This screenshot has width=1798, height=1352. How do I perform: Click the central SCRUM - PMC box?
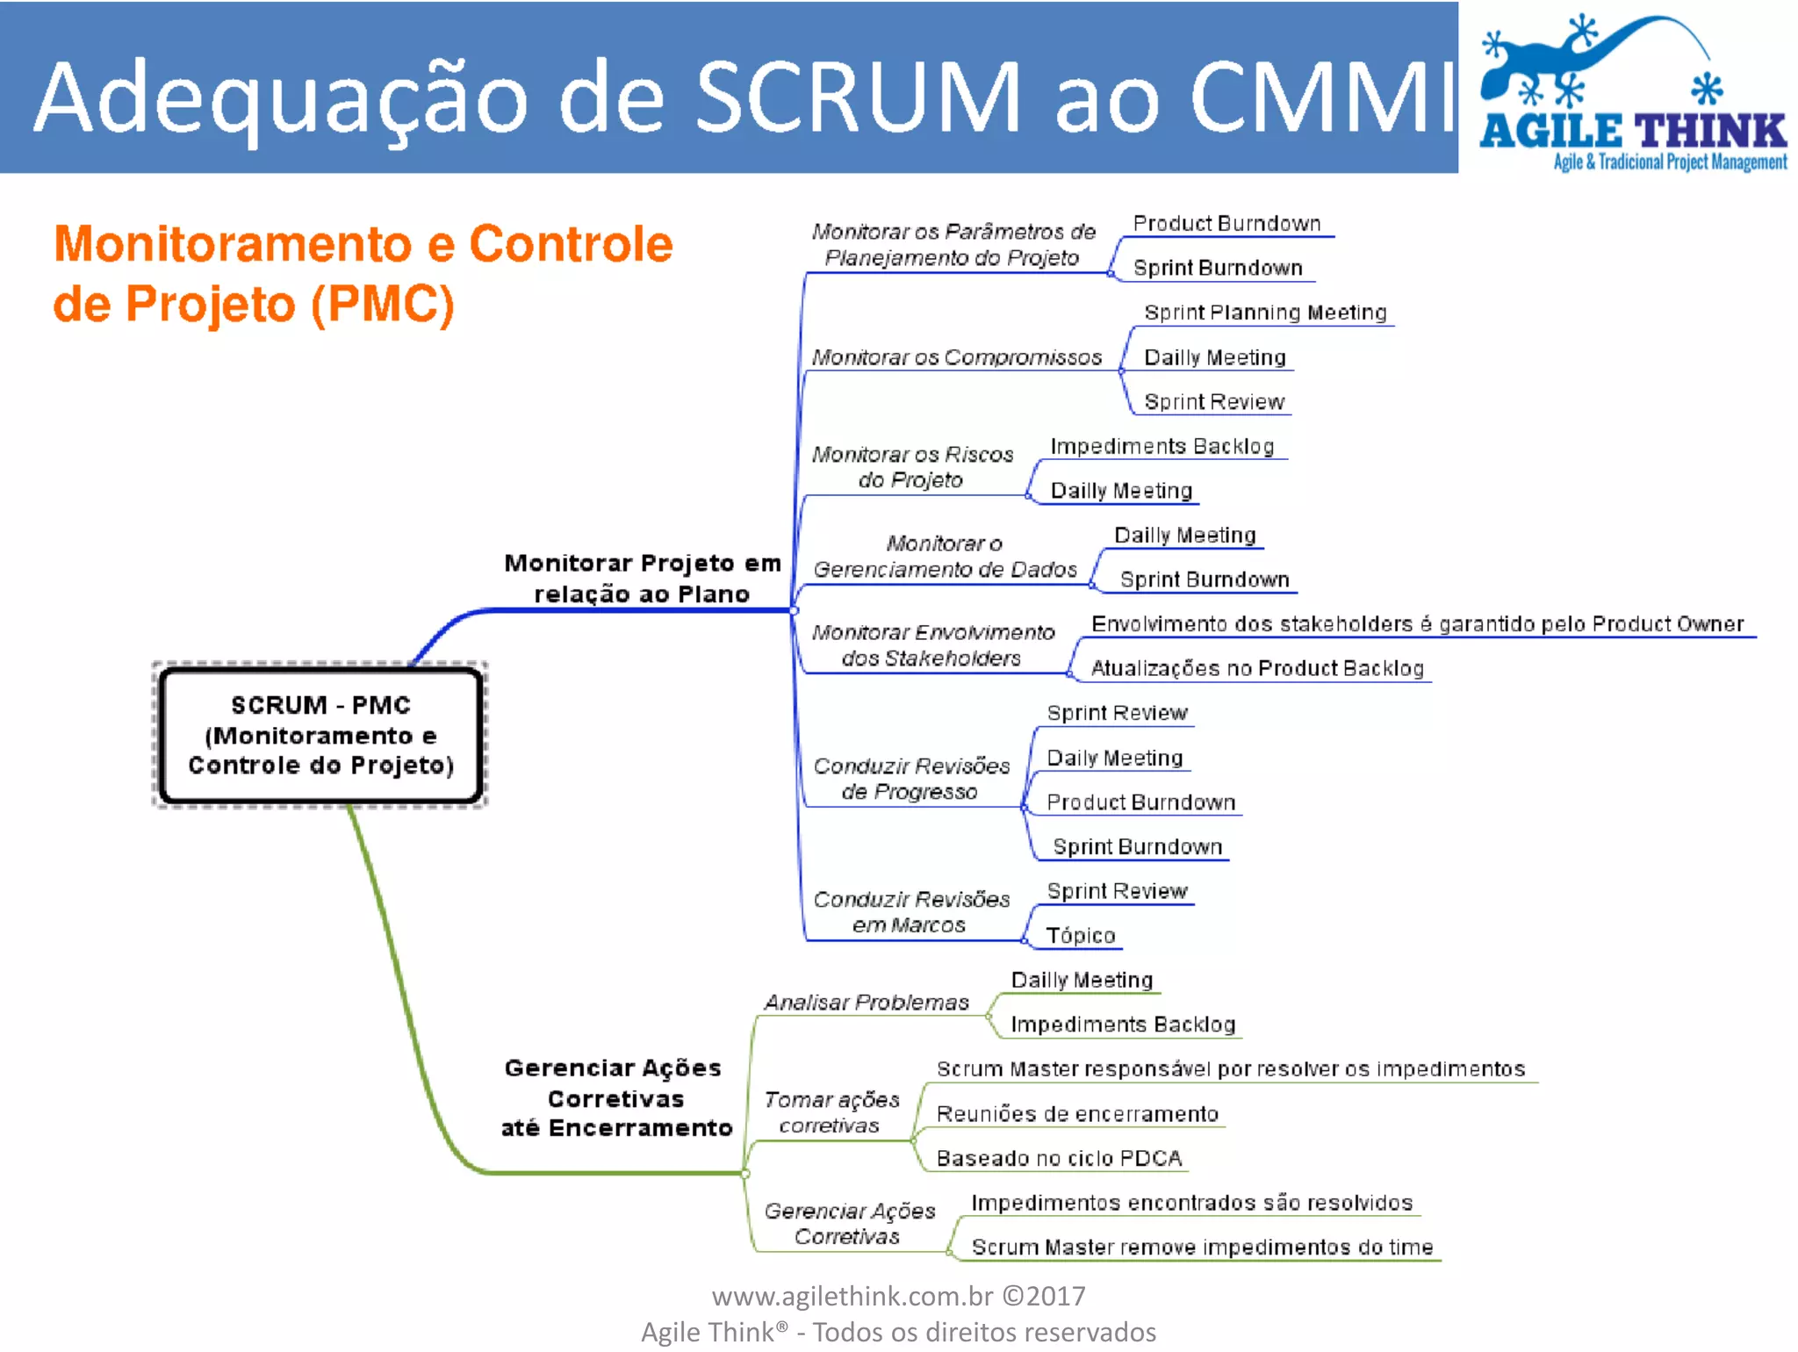point(320,735)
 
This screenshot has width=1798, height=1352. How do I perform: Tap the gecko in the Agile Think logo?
point(1580,61)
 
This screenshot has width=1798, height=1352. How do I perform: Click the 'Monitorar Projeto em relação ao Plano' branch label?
point(642,578)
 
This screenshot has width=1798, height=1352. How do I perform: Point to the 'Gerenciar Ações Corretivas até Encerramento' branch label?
point(615,1097)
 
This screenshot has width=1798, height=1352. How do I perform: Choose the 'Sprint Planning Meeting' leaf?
point(1265,313)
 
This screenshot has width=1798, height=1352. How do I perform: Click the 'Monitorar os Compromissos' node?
point(956,357)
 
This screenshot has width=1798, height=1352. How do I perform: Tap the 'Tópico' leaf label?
point(1081,936)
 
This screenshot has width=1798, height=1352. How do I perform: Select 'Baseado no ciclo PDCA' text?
point(1059,1158)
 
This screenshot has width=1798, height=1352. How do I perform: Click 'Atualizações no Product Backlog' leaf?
point(1256,668)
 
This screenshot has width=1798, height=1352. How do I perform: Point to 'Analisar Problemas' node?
point(867,1003)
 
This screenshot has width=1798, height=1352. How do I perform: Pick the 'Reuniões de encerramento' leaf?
point(1077,1114)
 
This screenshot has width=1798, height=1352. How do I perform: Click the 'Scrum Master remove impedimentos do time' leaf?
point(1202,1247)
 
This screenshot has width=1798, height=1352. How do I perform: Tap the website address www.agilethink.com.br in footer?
point(852,1296)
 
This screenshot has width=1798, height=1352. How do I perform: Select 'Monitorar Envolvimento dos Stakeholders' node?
point(932,645)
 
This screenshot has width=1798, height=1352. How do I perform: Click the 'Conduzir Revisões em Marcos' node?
point(911,912)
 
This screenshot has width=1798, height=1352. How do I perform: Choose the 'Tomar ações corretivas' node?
point(831,1112)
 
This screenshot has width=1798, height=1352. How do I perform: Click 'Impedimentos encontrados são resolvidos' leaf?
point(1191,1203)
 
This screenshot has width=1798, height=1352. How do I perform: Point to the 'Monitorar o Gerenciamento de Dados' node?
point(945,557)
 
